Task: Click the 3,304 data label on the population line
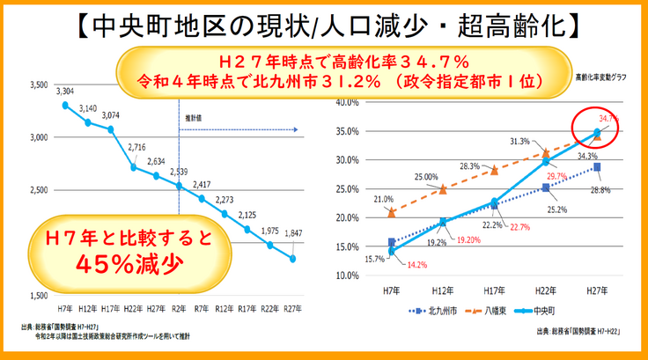coord(64,91)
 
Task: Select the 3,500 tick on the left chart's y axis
coord(38,86)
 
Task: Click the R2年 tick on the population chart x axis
coord(179,308)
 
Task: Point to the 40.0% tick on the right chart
coord(350,103)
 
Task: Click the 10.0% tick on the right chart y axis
coord(350,276)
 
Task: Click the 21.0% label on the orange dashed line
coord(383,200)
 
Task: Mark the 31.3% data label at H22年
coord(519,141)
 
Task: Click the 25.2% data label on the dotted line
coord(556,209)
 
